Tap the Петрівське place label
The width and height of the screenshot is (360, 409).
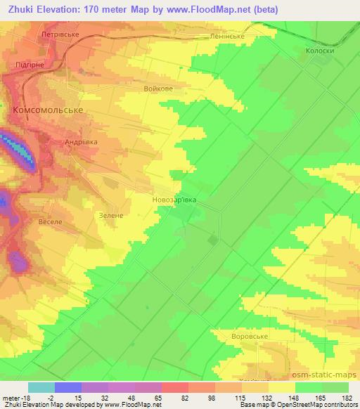point(77,34)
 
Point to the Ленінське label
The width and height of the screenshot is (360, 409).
point(226,34)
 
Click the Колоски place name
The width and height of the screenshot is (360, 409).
point(319,51)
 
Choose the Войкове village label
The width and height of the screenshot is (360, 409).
point(157,89)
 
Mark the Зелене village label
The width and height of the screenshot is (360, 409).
point(112,216)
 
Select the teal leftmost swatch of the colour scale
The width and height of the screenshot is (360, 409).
point(41,387)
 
